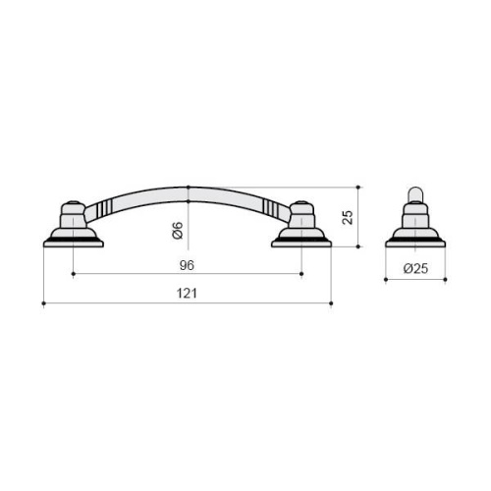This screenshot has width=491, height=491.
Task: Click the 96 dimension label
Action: pos(187,265)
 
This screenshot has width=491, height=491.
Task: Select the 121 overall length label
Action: pos(187,294)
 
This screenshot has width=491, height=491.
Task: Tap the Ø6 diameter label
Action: pos(178,230)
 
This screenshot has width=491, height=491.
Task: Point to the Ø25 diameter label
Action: pos(415,268)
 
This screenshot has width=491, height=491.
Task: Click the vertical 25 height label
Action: pos(348,217)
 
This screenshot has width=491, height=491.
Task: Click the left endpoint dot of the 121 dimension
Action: pos(44,303)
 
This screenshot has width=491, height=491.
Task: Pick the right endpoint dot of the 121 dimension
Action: pos(331,303)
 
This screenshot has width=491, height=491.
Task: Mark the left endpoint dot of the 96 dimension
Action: pos(74,273)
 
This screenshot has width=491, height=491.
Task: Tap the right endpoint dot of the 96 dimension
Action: pos(301,273)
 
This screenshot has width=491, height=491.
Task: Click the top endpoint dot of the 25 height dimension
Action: pos(358,188)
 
